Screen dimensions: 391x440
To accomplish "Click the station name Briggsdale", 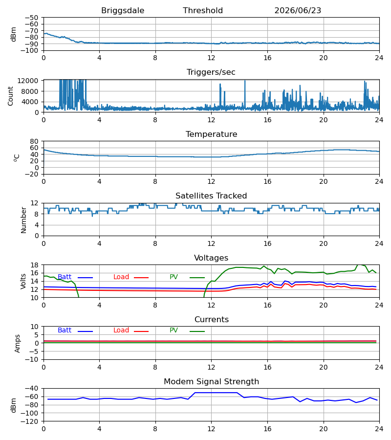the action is (x=123, y=11).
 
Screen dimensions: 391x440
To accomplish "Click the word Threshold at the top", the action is (x=203, y=10).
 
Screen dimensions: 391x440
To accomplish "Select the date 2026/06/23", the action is (x=298, y=10).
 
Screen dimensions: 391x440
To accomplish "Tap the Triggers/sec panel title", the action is (x=211, y=72).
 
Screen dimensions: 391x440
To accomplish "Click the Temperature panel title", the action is (x=211, y=134).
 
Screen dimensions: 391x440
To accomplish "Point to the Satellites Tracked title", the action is (x=211, y=196).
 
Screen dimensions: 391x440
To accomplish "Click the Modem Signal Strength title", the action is (x=211, y=382).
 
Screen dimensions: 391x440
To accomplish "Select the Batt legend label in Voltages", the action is (x=65, y=277).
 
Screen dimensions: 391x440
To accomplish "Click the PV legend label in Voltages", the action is (x=174, y=277).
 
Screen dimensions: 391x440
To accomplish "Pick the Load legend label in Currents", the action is (x=121, y=330).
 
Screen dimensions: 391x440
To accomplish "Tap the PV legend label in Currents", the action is (x=174, y=330).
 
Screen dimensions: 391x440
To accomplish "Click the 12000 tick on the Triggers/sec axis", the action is (x=28, y=81).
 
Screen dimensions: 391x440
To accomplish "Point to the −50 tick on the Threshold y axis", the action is (x=31, y=18).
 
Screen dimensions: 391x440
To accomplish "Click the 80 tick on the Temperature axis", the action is (x=34, y=141).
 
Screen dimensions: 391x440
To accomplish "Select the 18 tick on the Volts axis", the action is (x=34, y=265).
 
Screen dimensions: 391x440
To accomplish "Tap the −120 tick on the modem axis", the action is (x=30, y=421).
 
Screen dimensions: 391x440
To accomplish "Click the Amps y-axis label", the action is (x=18, y=344).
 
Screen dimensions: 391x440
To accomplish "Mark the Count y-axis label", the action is (x=10, y=96).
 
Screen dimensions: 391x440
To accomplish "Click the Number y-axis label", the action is (x=23, y=220).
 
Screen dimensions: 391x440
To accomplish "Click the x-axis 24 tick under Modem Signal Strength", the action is (x=379, y=429).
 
